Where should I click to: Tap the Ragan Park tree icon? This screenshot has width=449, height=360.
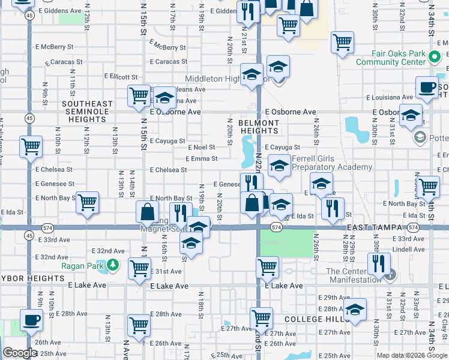pyautogui.click(x=112, y=265)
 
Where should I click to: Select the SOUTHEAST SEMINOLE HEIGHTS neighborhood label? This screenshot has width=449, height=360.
pyautogui.click(x=87, y=112)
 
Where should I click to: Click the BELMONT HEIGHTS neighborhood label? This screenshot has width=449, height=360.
pyautogui.click(x=259, y=127)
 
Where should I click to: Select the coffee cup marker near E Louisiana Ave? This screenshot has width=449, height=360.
pyautogui.click(x=427, y=87)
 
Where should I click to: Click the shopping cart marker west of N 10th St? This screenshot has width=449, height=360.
pyautogui.click(x=31, y=146)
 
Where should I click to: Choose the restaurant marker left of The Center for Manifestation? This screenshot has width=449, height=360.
pyautogui.click(x=379, y=262)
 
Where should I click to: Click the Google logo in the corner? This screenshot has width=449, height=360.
pyautogui.click(x=20, y=353)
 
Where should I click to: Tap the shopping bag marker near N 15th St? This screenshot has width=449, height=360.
pyautogui.click(x=148, y=211)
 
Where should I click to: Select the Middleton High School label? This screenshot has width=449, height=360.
pyautogui.click(x=218, y=79)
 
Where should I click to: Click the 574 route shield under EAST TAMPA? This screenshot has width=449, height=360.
pyautogui.click(x=413, y=228)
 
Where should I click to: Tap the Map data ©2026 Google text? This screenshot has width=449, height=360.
pyautogui.click(x=411, y=355)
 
